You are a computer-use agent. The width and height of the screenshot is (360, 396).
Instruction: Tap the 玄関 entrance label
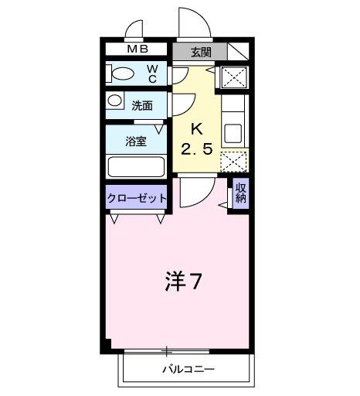pos(201,53)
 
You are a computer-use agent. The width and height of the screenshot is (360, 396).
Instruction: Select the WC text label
pos(153,73)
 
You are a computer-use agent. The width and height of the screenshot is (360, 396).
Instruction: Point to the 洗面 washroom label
pos(141,104)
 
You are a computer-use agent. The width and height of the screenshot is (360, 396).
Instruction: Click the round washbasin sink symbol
pos(114,101)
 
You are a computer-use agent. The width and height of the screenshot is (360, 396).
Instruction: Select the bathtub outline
pos(136,166)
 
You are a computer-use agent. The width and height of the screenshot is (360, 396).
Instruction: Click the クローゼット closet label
pos(136,198)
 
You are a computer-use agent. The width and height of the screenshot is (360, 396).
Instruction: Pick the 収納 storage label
pos(240,191)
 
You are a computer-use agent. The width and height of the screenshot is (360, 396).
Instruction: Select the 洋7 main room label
pos(184,282)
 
